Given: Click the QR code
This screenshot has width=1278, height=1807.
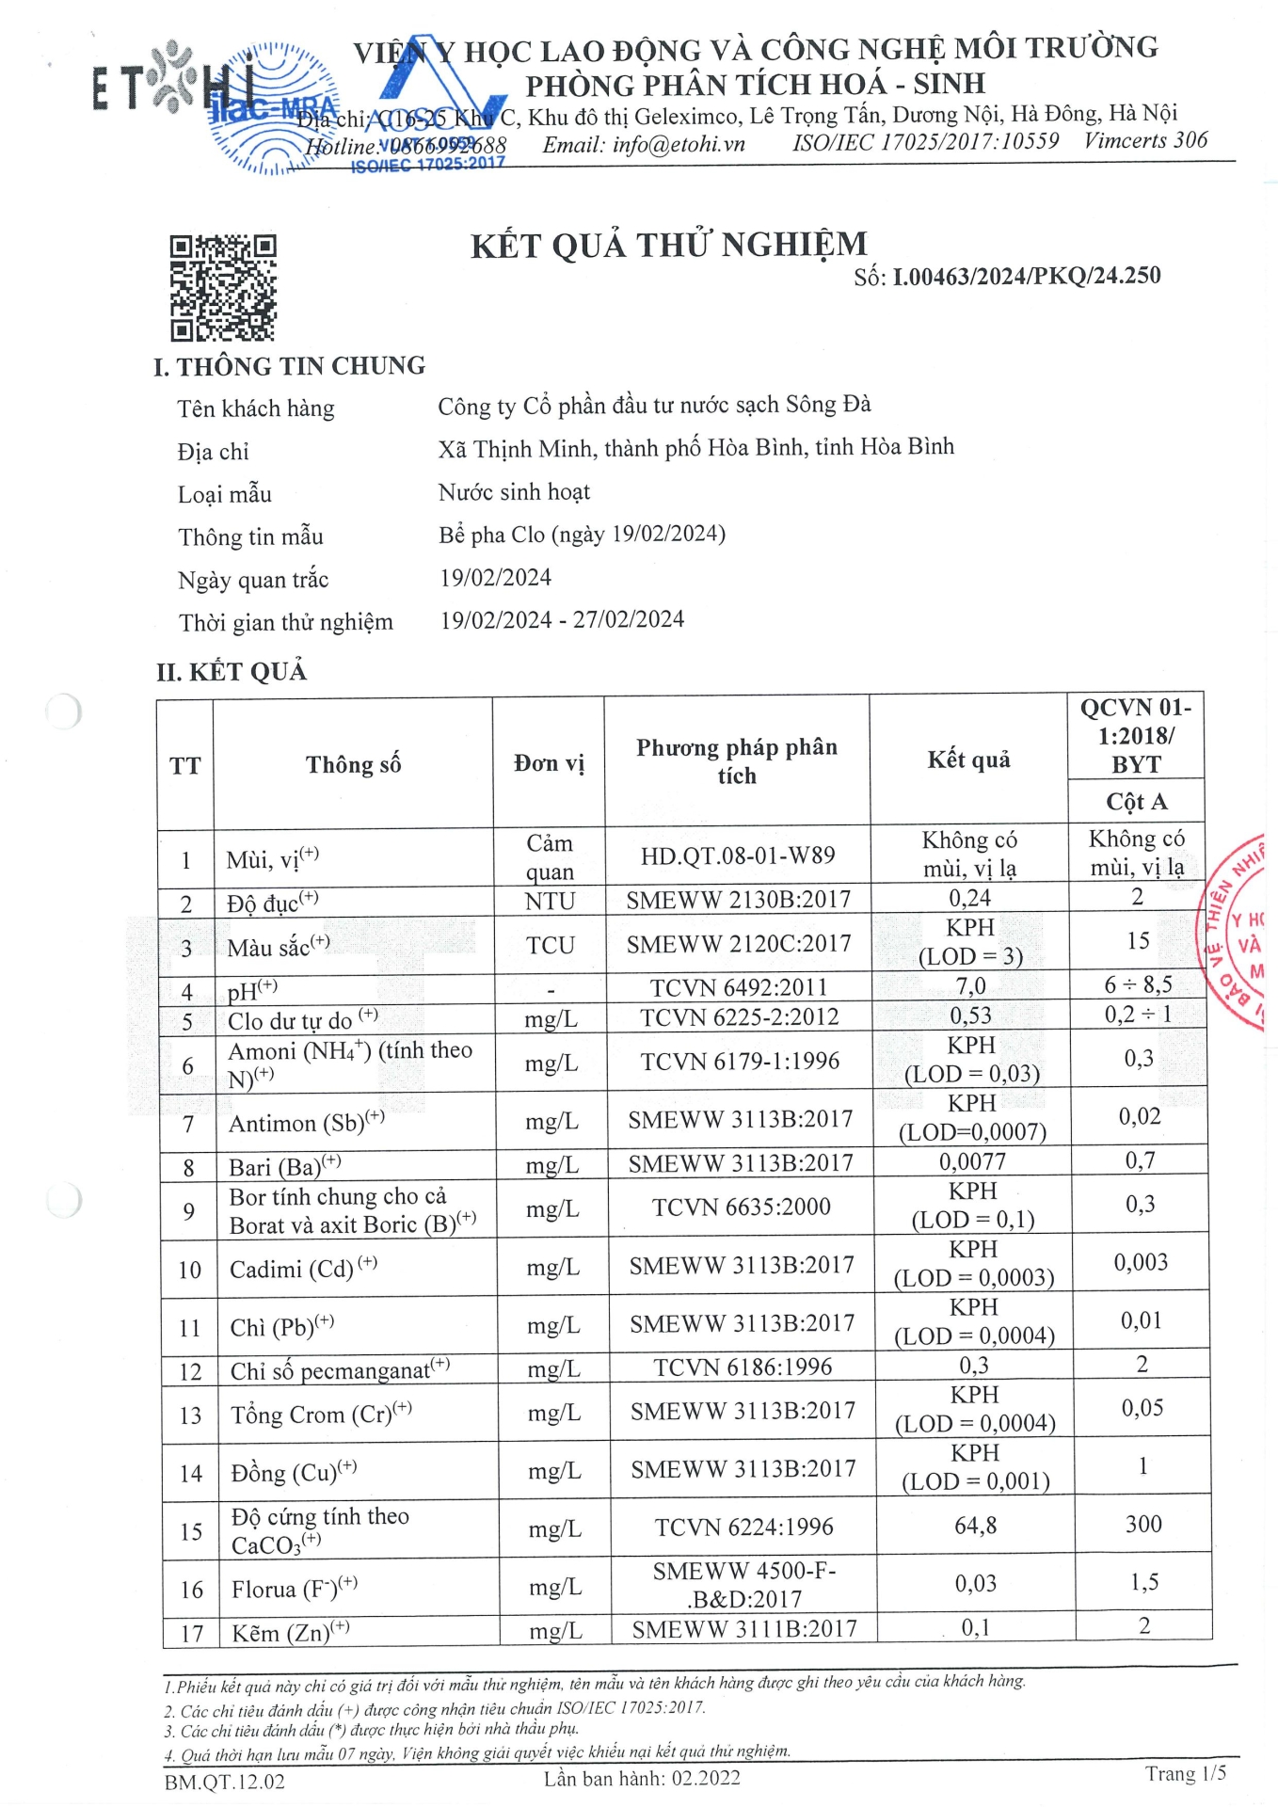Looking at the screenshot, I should tap(223, 287).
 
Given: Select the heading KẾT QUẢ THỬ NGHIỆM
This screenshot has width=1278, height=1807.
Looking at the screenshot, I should tap(668, 246).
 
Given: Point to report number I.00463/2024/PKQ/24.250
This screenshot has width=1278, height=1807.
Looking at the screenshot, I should tap(1026, 276).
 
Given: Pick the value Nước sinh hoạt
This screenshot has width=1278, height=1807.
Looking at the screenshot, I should tap(514, 491).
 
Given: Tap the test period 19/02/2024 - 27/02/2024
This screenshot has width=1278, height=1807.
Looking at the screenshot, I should tap(562, 619).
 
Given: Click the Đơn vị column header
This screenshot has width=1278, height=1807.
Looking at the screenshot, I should tap(549, 762).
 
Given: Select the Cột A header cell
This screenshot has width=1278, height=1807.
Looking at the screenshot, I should tap(1136, 801).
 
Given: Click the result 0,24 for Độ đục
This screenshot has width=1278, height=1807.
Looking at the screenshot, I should tap(969, 899).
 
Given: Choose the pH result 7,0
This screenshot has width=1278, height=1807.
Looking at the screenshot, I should tap(969, 985).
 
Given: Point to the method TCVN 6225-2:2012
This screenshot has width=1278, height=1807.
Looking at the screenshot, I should tap(739, 1016).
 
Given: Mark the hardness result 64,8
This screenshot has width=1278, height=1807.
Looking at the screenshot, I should tap(975, 1525).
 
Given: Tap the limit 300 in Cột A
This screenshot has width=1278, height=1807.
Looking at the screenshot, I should tap(1143, 1524).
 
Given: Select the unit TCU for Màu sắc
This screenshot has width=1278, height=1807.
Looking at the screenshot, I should tap(551, 945).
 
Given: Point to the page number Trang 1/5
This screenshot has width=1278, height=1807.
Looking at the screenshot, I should tap(1185, 1774).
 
